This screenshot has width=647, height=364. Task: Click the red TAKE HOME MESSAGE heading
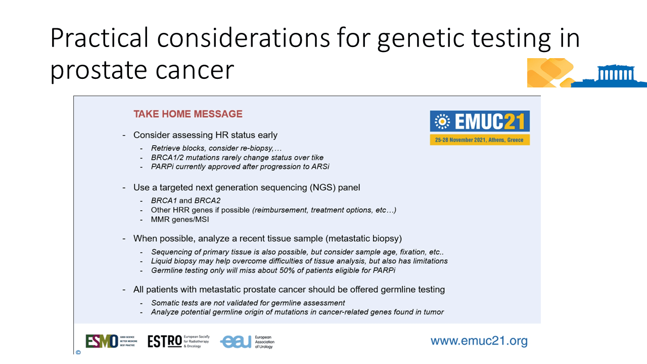click(188, 114)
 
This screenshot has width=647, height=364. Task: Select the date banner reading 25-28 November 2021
click(480, 140)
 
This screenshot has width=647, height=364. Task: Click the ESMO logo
click(111, 341)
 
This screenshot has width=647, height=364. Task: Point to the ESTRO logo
click(178, 341)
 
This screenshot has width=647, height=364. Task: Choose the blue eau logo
click(247, 342)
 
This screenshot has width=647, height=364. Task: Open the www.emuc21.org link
click(479, 341)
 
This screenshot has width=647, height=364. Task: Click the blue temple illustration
click(610, 76)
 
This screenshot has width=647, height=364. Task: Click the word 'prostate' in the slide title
click(99, 70)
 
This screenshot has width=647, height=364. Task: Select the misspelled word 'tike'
click(317, 157)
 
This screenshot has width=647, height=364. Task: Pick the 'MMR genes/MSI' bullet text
click(179, 219)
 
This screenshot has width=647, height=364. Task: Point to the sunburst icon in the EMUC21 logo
click(442, 121)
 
